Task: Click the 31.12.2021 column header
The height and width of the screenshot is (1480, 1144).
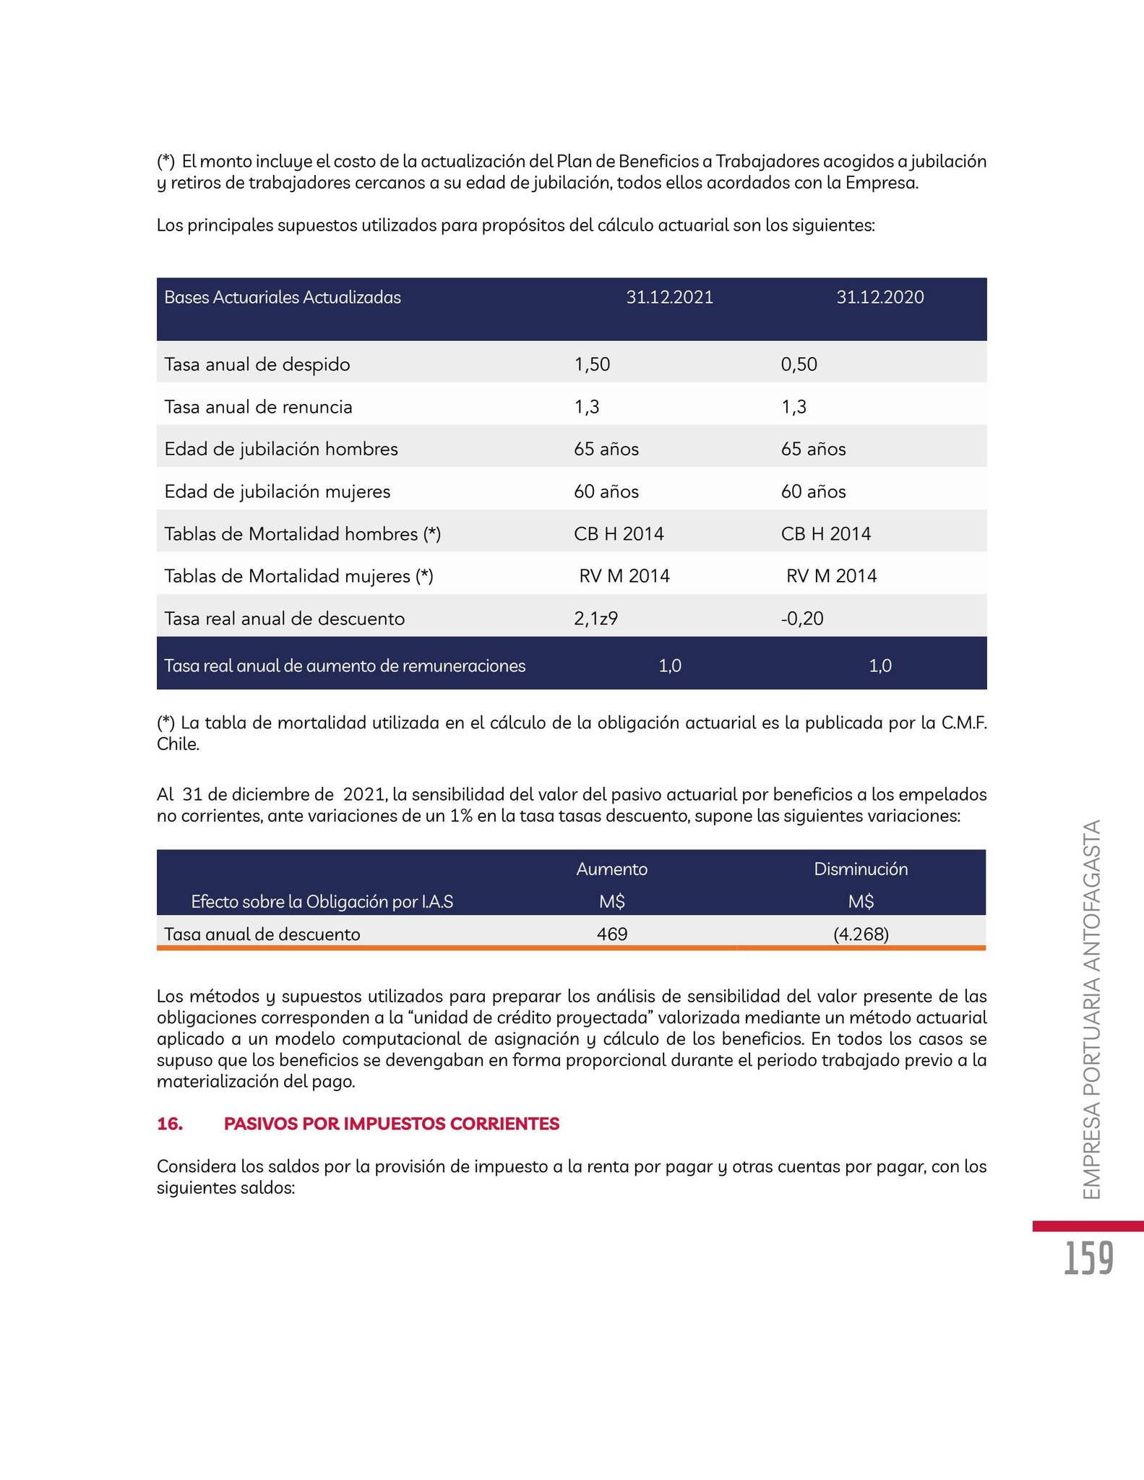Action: click(x=669, y=298)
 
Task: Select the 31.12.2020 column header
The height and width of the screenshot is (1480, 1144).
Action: click(x=879, y=298)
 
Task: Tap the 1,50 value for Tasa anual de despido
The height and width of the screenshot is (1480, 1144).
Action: click(x=592, y=364)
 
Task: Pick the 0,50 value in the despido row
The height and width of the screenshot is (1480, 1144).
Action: click(x=799, y=364)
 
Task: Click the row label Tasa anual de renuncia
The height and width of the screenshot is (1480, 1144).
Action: click(x=258, y=407)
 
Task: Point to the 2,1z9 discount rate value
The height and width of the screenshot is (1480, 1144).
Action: click(x=595, y=619)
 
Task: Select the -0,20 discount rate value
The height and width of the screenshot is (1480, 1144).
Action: click(x=802, y=619)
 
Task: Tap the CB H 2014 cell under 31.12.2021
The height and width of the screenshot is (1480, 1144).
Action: click(x=619, y=534)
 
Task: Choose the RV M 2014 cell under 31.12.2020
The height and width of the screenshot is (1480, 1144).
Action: click(x=831, y=576)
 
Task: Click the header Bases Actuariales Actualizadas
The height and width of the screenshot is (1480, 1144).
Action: click(x=283, y=298)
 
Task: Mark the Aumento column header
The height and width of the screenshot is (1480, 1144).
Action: click(x=611, y=869)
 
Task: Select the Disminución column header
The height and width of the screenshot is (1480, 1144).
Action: click(x=860, y=869)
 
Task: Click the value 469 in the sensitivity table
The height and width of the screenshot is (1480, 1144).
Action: click(x=611, y=934)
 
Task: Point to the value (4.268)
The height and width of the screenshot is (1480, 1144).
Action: click(x=860, y=934)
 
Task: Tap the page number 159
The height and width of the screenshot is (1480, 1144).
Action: click(x=1088, y=1259)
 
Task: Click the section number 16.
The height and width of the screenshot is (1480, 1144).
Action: click(x=169, y=1124)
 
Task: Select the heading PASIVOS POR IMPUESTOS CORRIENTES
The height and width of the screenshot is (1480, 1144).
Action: click(x=391, y=1124)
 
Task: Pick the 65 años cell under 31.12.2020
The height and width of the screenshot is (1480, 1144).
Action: click(x=813, y=449)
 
